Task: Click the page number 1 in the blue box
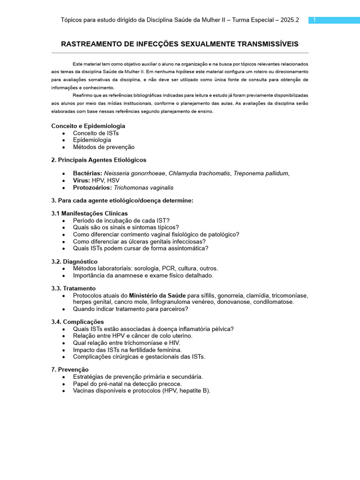[315, 20]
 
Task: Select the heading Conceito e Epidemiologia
[88, 126]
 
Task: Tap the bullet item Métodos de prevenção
[104, 147]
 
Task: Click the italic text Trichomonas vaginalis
[143, 187]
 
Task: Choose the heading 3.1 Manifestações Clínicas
[90, 214]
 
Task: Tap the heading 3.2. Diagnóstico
[75, 262]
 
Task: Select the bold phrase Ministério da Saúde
[157, 296]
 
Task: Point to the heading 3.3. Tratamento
[74, 288]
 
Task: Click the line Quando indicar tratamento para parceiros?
[131, 309]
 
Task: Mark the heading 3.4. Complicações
[78, 322]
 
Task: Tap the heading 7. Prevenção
[70, 370]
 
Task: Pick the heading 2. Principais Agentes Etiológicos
[99, 160]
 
